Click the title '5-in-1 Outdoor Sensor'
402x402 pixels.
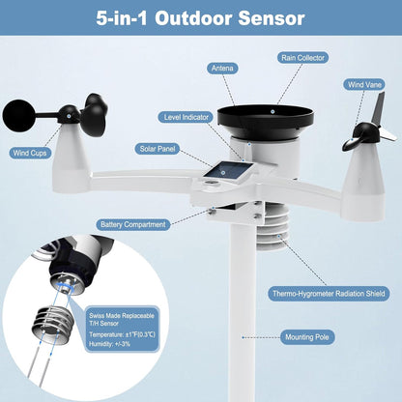[x=200, y=18]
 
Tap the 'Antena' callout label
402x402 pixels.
[x=224, y=68]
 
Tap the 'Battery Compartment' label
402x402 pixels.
[x=133, y=224]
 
